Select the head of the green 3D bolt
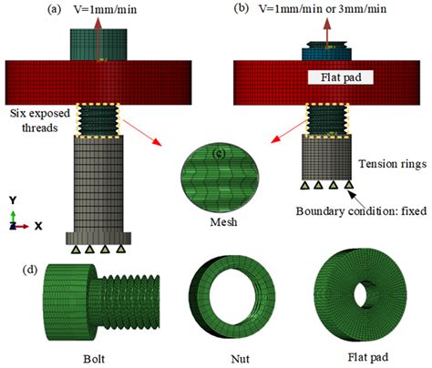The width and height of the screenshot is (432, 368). click(63, 297)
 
